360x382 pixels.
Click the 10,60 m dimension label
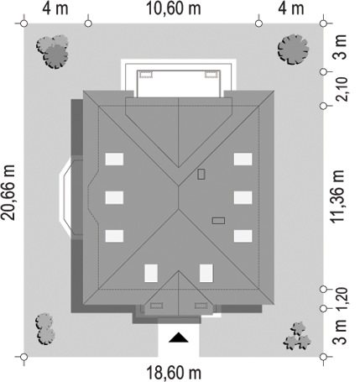point(174,8)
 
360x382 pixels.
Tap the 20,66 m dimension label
point(8,192)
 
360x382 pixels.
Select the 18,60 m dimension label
point(174,373)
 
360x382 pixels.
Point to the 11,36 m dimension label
point(337,196)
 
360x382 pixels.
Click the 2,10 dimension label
point(342,89)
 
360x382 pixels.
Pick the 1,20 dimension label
point(342,299)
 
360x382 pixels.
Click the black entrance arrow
point(179,338)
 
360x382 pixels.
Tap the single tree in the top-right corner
point(293,50)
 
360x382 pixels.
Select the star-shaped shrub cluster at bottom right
point(297,336)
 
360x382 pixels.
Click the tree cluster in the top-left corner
point(53,51)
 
